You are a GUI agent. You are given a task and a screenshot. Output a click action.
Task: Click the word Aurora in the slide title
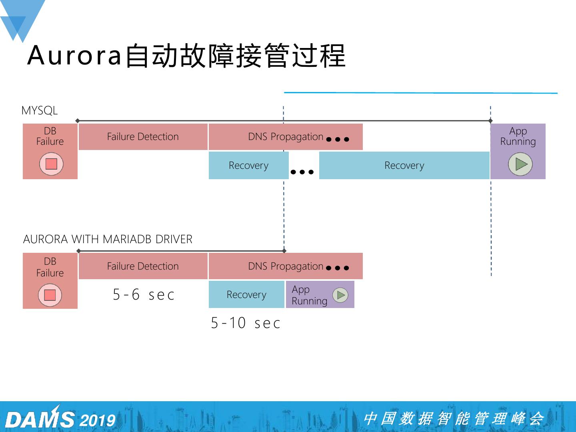click(74, 55)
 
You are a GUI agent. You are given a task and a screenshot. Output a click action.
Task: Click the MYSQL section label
click(40, 110)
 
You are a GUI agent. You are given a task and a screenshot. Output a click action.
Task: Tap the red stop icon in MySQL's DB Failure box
click(51, 164)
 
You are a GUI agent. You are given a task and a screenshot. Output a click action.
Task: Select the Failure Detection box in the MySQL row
click(143, 137)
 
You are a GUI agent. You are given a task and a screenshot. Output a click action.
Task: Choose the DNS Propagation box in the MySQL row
click(286, 137)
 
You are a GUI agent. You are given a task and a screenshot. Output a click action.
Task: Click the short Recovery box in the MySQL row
click(248, 166)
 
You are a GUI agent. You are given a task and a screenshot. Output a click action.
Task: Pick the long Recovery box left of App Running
click(404, 166)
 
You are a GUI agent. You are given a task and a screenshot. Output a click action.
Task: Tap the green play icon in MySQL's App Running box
click(520, 164)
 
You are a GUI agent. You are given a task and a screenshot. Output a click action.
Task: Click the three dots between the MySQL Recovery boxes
click(302, 172)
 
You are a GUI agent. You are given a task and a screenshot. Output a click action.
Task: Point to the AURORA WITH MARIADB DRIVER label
click(108, 239)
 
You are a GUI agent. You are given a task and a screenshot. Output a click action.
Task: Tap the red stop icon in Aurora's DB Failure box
click(50, 295)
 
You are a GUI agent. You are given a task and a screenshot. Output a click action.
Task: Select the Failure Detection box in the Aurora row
click(143, 266)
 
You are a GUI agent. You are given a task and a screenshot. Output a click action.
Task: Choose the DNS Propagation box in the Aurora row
click(286, 266)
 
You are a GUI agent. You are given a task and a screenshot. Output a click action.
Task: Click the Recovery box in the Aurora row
click(246, 295)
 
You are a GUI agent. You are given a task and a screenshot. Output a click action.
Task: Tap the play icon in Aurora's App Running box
click(340, 295)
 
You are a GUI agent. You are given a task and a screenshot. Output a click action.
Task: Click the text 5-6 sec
click(144, 295)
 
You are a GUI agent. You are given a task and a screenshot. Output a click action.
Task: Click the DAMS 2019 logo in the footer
click(60, 419)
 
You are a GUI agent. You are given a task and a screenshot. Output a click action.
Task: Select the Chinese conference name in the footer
click(454, 418)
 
